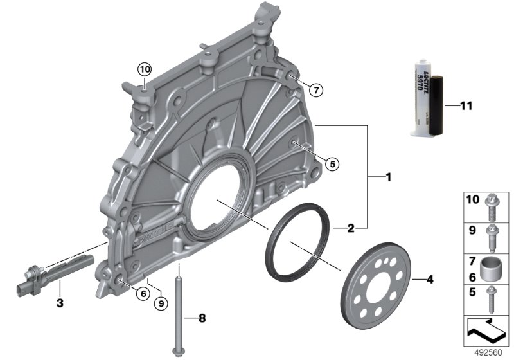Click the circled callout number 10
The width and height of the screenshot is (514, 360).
coord(145,69)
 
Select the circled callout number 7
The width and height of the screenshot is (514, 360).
coord(316,90)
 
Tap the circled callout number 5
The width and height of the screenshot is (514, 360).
coord(332,164)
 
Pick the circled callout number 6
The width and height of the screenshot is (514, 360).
coord(143,294)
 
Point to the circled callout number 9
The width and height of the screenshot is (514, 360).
coord(161,304)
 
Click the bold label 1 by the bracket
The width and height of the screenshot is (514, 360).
coord(389,177)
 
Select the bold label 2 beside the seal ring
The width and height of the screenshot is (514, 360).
coord(351,228)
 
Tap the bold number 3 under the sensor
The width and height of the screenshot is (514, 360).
coord(60,303)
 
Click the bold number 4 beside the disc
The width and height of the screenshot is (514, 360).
coord(430,280)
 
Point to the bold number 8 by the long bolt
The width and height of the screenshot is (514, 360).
coord(202,318)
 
